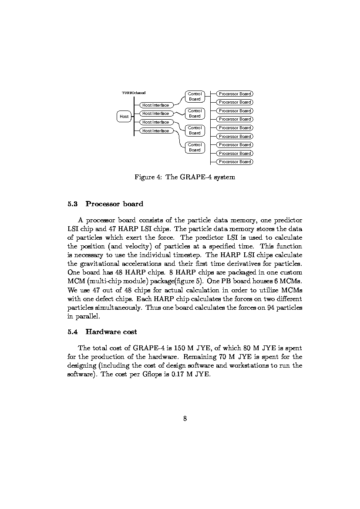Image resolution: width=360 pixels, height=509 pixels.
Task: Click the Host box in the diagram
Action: (x=124, y=116)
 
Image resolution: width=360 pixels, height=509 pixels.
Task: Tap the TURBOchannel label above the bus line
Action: (x=134, y=92)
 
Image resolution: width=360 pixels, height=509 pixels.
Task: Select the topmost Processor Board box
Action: (x=235, y=94)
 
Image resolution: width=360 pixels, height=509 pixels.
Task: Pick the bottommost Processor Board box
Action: (x=235, y=162)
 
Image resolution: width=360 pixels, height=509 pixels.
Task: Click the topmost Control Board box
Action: (x=195, y=97)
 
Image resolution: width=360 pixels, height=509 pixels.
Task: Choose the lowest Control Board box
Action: (x=195, y=147)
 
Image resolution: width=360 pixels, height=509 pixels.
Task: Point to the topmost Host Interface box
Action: (x=155, y=105)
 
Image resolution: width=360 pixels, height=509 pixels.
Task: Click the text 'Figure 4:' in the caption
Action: (x=148, y=177)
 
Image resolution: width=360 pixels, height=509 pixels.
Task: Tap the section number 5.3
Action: (x=73, y=204)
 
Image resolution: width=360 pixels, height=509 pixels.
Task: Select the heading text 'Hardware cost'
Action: (x=111, y=332)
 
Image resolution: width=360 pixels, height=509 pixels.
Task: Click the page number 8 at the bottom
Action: (x=185, y=419)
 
